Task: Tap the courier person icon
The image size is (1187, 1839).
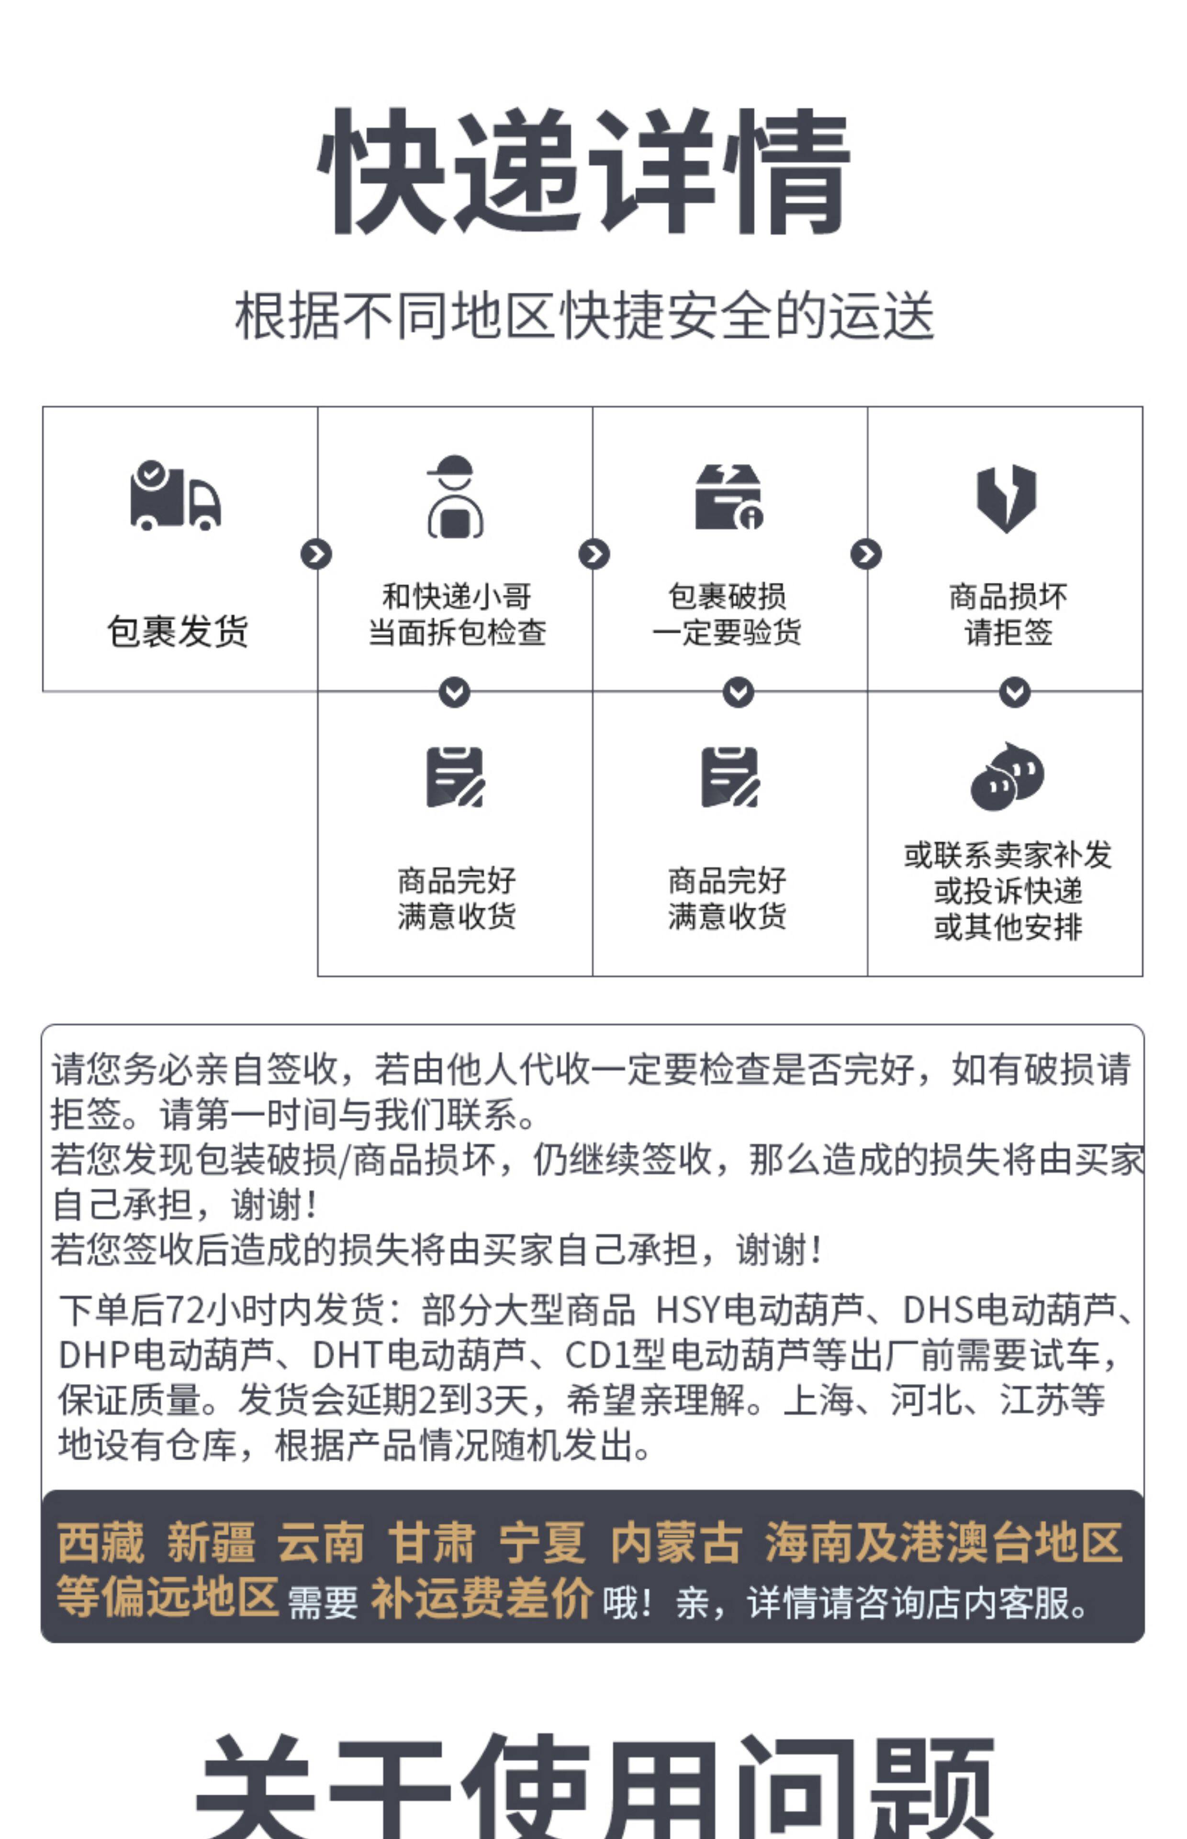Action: pos(455,497)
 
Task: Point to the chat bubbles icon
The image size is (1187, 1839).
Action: pos(1007,777)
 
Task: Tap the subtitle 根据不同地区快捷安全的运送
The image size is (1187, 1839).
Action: pos(584,316)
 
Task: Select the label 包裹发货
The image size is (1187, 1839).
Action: pos(178,631)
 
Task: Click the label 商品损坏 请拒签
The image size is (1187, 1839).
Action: pos(1008,614)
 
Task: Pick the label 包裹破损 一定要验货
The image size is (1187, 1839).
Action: pos(727,614)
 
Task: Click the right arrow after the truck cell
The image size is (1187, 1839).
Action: pos(316,554)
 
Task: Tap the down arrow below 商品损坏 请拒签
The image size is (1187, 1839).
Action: pos(1014,692)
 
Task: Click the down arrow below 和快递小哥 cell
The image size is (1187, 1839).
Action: pos(455,692)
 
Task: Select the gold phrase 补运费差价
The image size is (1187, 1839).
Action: pos(482,1596)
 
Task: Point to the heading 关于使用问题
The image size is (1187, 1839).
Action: pos(593,1789)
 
